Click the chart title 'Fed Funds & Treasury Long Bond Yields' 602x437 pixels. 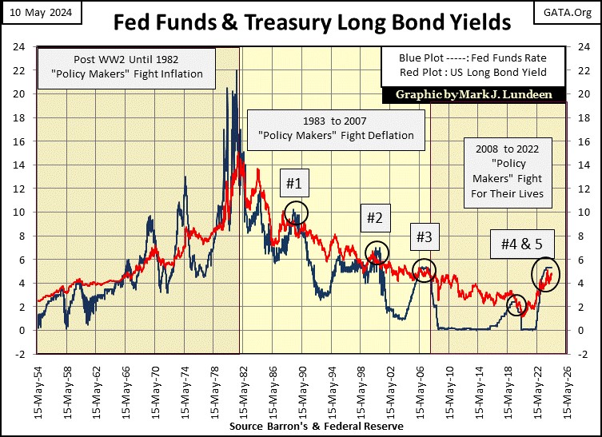(x=301, y=21)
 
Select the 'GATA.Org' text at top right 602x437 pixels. (x=571, y=10)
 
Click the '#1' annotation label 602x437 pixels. (x=294, y=185)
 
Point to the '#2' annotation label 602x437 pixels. (x=375, y=217)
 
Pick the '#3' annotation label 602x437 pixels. (x=424, y=236)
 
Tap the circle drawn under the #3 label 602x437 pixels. (x=425, y=269)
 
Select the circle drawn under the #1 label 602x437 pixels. (x=296, y=214)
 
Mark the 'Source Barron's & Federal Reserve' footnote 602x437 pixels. (x=316, y=427)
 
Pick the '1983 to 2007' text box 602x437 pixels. (x=335, y=128)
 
